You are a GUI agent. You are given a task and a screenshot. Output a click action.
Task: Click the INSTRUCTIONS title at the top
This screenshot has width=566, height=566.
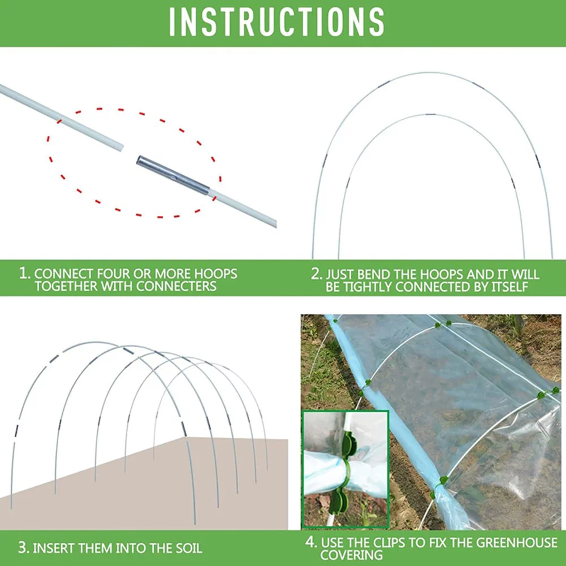(x=277, y=23)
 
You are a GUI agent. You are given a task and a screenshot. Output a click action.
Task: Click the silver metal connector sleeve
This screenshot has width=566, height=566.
(x=172, y=176)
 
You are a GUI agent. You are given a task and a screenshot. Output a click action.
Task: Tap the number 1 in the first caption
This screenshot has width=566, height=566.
(x=24, y=274)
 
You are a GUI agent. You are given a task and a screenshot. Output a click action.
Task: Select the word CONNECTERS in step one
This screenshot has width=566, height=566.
(x=176, y=286)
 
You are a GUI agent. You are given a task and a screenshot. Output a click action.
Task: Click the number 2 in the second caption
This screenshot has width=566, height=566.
(x=316, y=274)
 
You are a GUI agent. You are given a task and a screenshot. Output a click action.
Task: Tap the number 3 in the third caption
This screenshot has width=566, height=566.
(x=23, y=547)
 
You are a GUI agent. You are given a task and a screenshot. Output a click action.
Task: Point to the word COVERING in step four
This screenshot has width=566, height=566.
(x=351, y=555)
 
